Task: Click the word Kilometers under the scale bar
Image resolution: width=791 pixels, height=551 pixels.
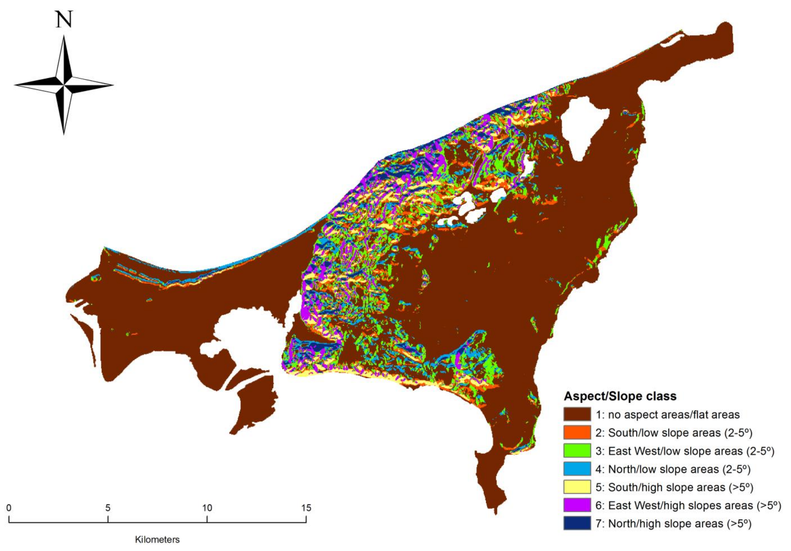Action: [157, 540]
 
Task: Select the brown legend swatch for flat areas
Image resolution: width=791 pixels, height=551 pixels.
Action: [577, 414]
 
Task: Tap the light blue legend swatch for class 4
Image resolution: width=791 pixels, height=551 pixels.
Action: [577, 469]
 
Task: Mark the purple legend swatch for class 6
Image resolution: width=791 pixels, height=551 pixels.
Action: [577, 505]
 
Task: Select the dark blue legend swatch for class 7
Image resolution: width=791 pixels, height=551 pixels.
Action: [577, 523]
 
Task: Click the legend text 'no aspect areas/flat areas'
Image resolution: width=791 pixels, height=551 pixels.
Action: [673, 414]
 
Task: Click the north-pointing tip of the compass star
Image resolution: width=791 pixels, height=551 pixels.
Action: [64, 37]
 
